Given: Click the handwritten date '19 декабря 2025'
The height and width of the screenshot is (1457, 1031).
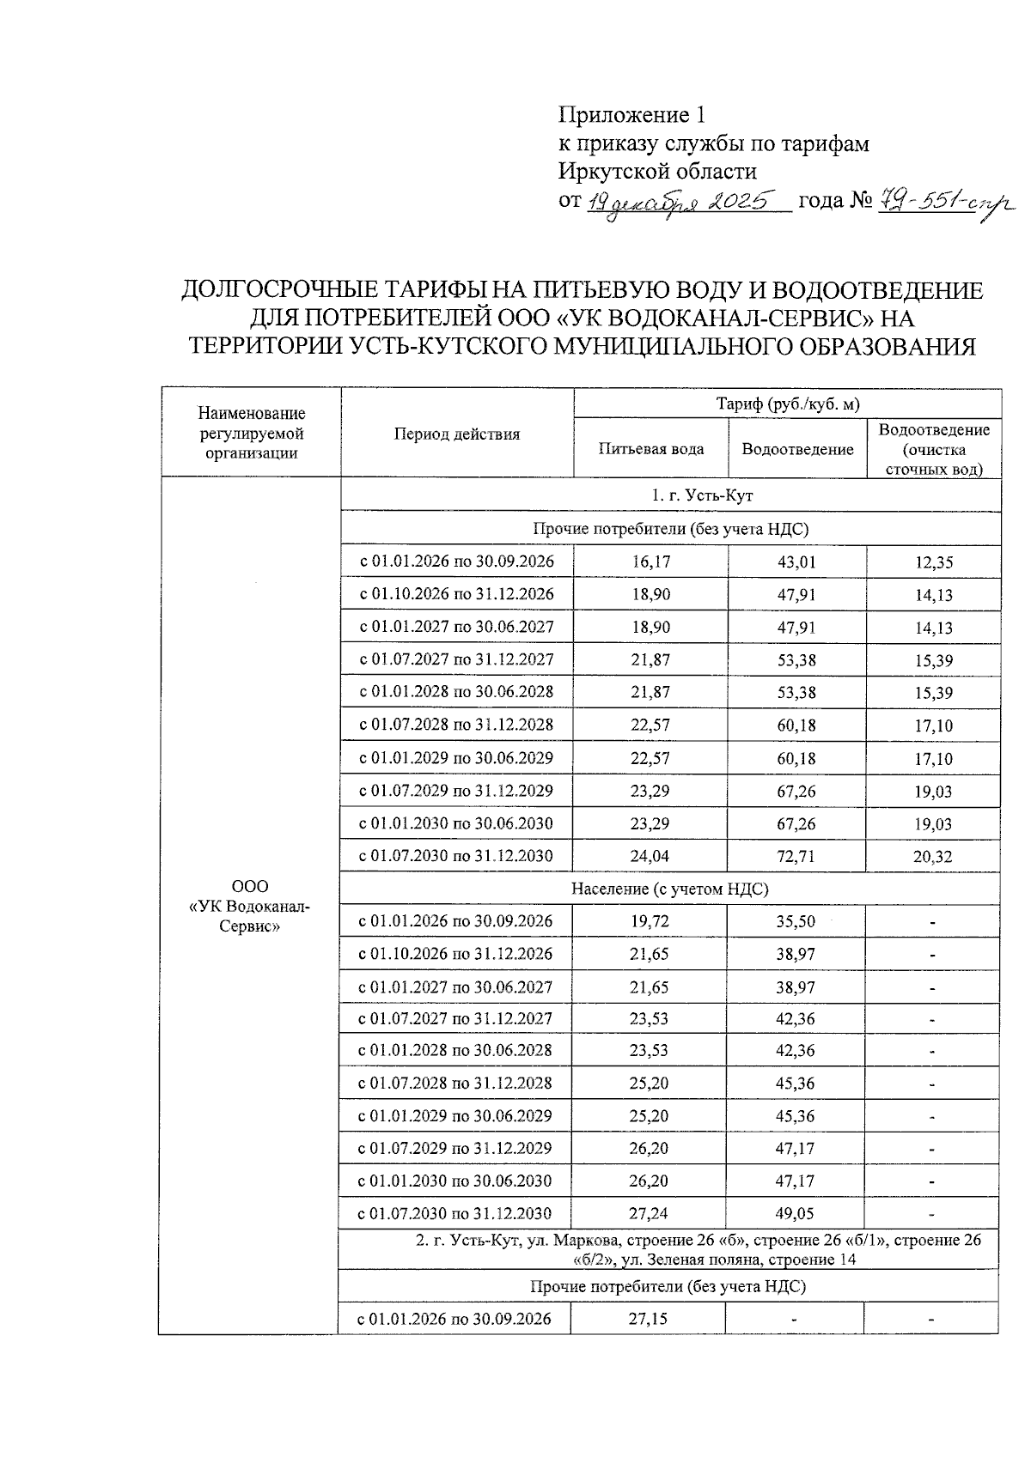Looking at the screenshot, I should [x=687, y=203].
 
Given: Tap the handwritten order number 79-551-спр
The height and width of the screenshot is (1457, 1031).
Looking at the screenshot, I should [x=943, y=203].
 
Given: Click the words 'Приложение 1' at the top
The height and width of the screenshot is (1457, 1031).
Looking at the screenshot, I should [x=631, y=114].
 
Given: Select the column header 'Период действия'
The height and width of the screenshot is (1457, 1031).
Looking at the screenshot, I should [x=457, y=434].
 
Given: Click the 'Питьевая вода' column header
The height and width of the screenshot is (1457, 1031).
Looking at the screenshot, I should [x=651, y=449].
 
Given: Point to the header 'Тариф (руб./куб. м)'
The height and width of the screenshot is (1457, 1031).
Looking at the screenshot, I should [x=788, y=404].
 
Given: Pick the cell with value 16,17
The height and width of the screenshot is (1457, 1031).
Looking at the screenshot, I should [x=650, y=562].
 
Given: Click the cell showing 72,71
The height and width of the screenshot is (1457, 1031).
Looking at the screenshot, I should [x=796, y=856].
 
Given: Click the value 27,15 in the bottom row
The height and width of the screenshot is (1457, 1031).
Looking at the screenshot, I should [x=649, y=1318].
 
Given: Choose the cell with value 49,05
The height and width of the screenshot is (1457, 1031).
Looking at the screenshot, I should [x=795, y=1213].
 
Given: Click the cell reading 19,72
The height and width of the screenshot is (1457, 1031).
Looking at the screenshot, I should [x=650, y=921].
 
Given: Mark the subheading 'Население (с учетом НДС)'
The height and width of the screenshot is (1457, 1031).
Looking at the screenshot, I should [x=670, y=889].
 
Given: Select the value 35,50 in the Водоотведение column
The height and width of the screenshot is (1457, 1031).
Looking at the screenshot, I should [x=795, y=921].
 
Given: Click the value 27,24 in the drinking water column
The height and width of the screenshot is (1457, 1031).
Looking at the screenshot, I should [x=649, y=1213].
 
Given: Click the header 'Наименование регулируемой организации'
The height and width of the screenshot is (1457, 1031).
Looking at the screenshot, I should [x=251, y=434].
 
